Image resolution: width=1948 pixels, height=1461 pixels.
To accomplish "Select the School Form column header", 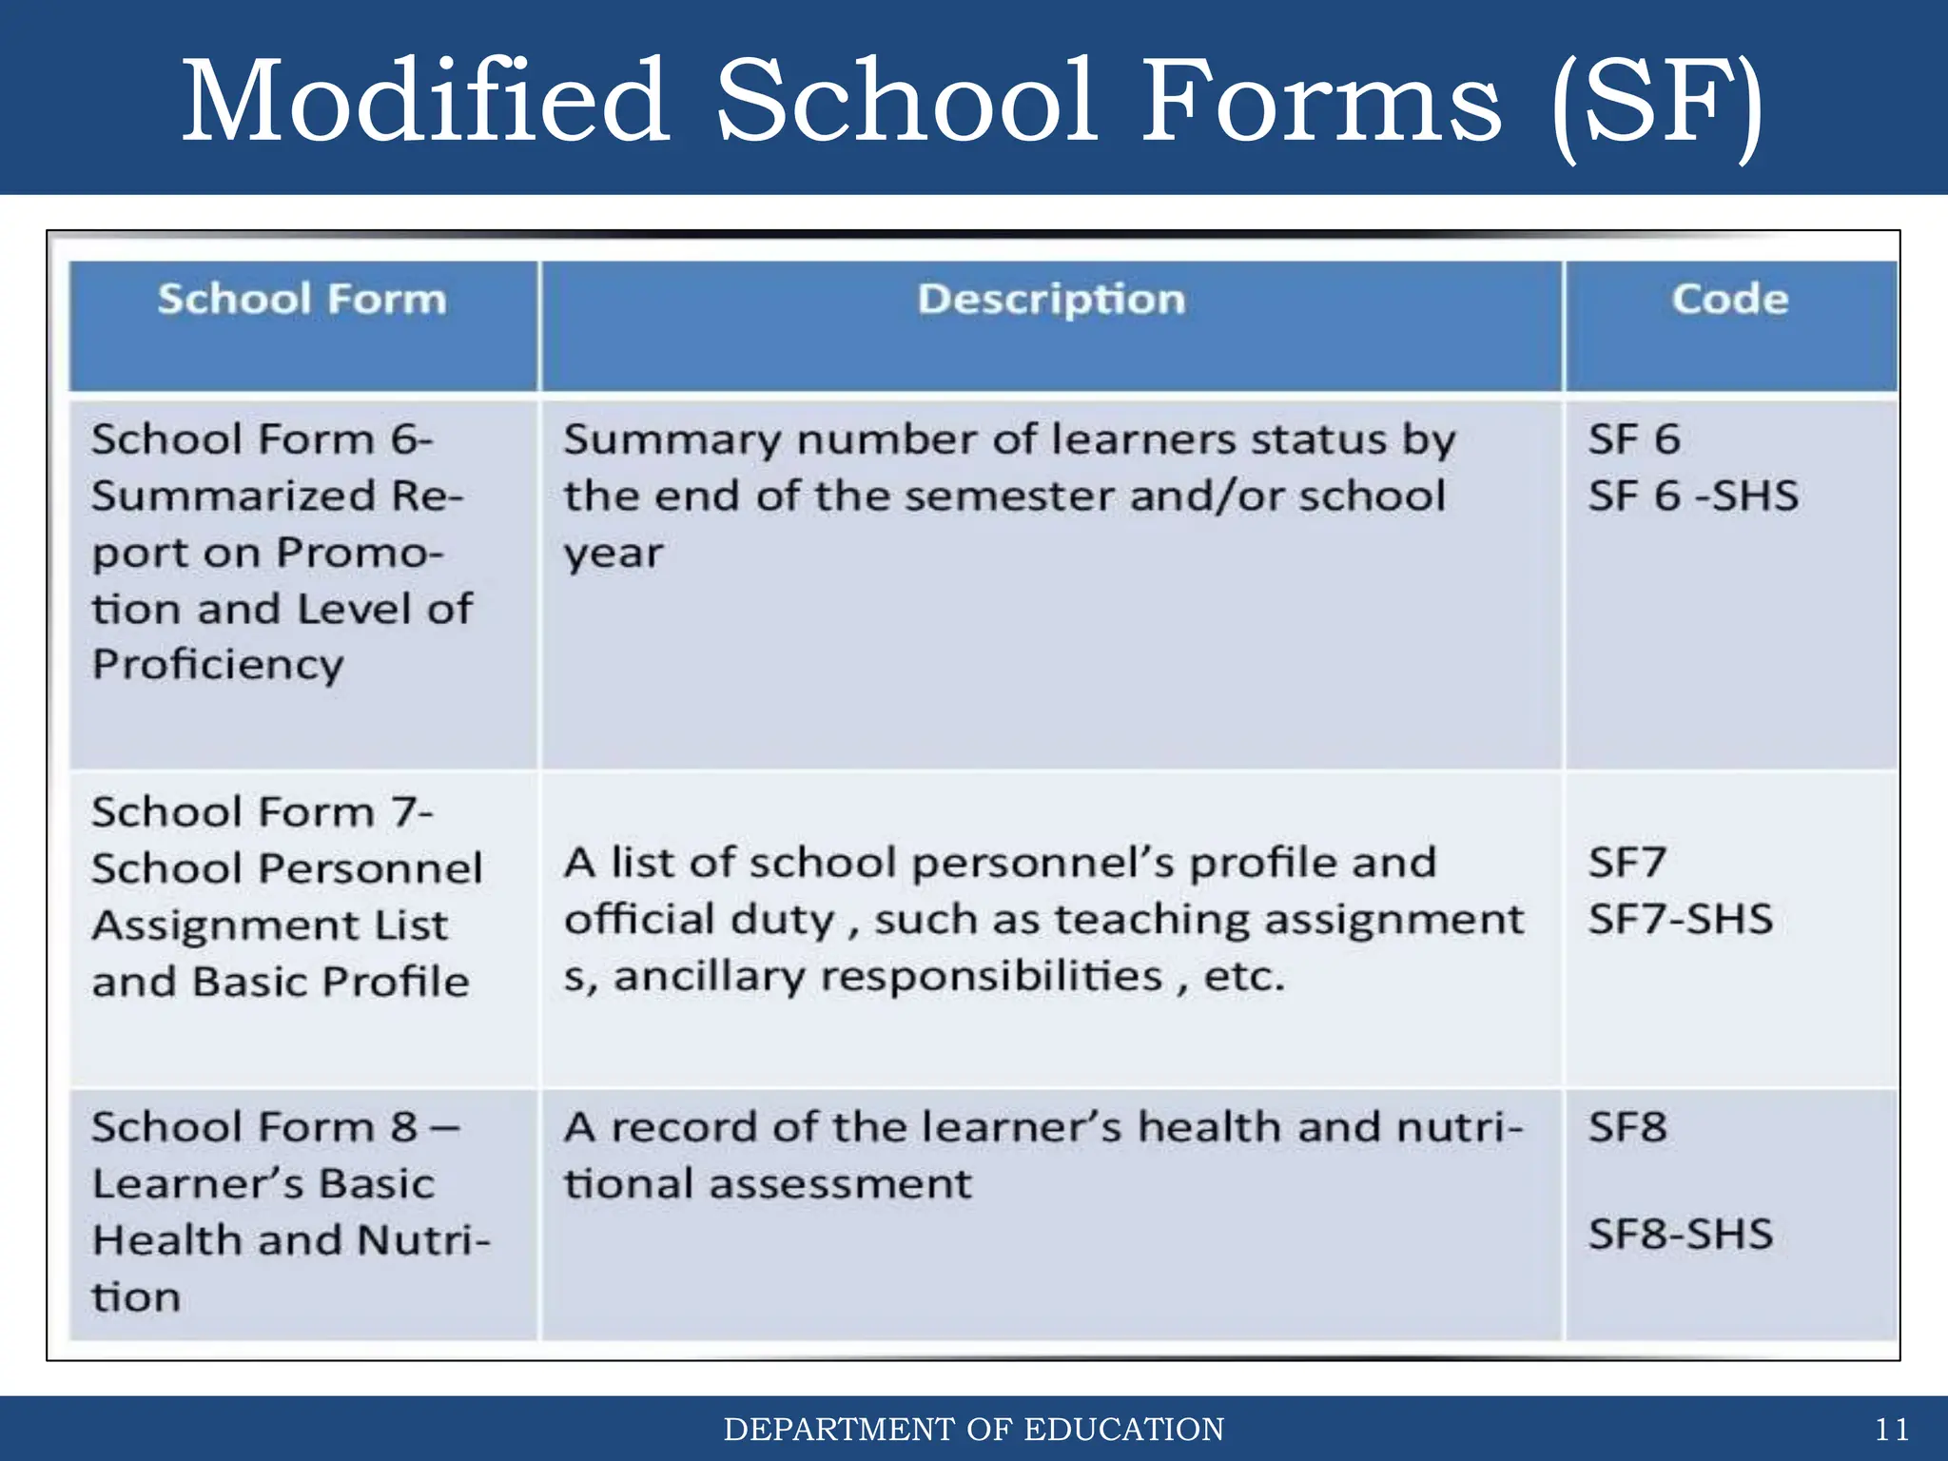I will (302, 300).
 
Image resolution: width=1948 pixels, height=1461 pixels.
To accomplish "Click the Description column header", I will (1051, 300).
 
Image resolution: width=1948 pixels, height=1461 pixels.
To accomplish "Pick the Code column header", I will (1729, 300).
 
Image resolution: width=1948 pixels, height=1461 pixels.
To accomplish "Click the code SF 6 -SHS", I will (1693, 497).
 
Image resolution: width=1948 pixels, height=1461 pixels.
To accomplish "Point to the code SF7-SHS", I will (1680, 920).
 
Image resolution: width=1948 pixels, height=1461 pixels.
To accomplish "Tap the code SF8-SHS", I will (1680, 1235).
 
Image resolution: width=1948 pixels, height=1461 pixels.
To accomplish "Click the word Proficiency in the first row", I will (218, 665).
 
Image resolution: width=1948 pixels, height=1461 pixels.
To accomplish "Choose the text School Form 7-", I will (262, 812).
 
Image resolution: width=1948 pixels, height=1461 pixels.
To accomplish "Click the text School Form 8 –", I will (275, 1128).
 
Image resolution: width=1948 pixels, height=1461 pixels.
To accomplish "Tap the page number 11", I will (1891, 1430).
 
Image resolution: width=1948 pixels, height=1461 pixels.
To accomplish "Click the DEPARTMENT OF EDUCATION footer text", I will (973, 1430).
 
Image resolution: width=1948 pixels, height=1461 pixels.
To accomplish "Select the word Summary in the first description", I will (672, 440).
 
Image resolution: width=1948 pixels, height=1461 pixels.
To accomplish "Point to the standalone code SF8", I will (1627, 1128).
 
